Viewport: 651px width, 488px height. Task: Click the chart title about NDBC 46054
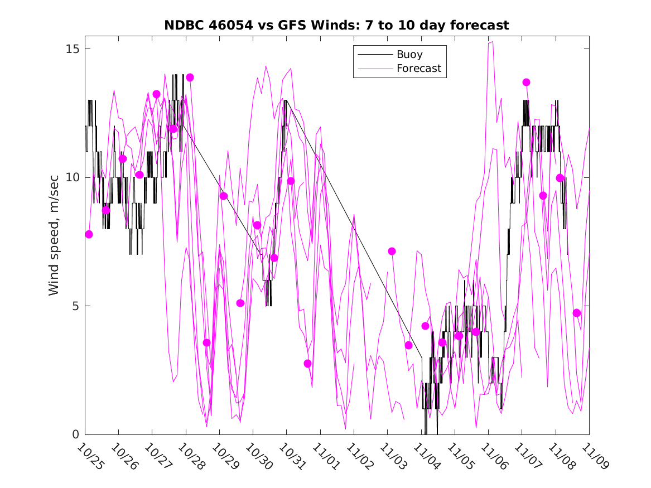(x=336, y=26)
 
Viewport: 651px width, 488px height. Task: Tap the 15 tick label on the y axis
(x=71, y=49)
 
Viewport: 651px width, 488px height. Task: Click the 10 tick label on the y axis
(x=71, y=177)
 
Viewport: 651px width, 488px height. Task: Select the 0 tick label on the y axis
(x=75, y=434)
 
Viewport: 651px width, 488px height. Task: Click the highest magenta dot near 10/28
(x=190, y=78)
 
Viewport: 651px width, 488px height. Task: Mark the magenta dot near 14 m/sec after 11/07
(x=526, y=83)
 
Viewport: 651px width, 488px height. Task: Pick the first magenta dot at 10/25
(x=89, y=234)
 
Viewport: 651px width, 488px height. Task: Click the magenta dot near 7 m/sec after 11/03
(x=392, y=252)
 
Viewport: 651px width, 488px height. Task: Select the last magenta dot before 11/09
(x=577, y=313)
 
